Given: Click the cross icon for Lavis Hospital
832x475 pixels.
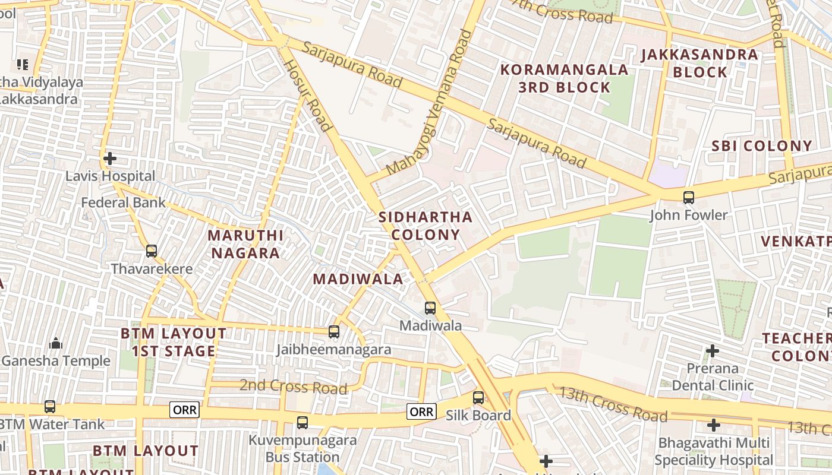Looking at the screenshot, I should pos(109,159).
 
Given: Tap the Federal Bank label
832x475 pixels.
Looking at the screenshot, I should pos(123,202).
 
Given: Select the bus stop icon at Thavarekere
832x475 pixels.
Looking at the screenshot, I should pos(152,251).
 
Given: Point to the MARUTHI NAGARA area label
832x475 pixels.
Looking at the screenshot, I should pos(245,244).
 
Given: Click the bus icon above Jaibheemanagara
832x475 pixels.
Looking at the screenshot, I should pos(334,332).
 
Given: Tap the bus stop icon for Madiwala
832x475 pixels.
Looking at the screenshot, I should pos(430,308).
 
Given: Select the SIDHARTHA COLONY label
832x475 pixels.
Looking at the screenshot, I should pos(426,226).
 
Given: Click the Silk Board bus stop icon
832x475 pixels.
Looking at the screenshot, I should pos(478,398).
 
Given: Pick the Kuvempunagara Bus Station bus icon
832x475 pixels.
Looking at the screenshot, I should pos(302,423).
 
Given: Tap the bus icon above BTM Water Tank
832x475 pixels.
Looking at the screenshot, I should pos(50,407).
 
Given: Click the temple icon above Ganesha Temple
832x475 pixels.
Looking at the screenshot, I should pos(56,343).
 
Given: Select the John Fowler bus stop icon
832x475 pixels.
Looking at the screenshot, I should pos(688,197).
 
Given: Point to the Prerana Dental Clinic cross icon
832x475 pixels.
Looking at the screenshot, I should pos(712,351).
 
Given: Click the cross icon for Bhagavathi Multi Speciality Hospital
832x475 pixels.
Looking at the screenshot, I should pos(714,425).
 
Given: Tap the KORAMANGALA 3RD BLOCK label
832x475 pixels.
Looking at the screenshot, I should pos(564,78).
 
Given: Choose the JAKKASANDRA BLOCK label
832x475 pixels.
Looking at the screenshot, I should pos(699,64).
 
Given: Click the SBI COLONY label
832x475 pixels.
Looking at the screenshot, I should pos(761,145).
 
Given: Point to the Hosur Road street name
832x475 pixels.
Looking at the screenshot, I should pos(307,94).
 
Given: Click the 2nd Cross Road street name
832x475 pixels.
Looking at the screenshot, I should pos(293,387).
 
